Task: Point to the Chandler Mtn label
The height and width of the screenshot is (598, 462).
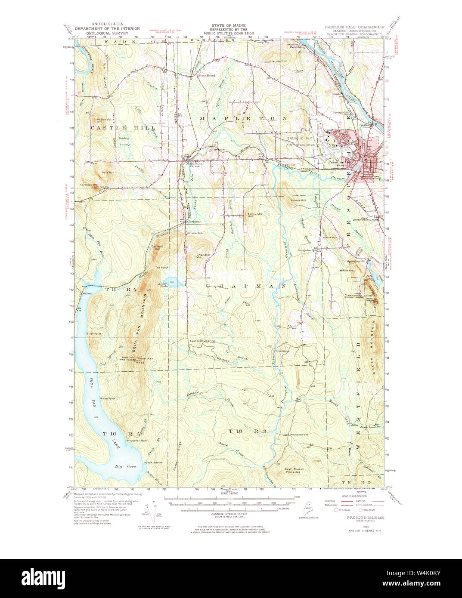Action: click(203, 256)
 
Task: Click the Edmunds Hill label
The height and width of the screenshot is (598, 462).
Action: click(254, 215)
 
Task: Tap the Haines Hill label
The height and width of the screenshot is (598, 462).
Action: click(278, 61)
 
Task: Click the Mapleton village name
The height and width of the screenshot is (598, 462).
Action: click(194, 163)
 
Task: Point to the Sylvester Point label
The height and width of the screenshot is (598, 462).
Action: click(137, 441)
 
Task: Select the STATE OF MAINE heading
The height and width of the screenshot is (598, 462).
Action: click(226, 26)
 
